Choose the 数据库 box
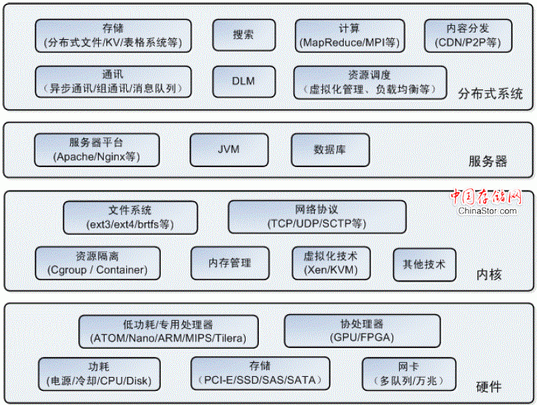tap(330, 149)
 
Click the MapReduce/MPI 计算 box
tap(350, 35)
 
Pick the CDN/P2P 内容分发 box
tap(468, 35)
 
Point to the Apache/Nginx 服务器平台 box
tap(97, 149)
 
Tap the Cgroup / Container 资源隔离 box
tap(97, 263)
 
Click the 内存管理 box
tap(229, 263)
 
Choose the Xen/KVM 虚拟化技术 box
tap(330, 263)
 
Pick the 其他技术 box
tap(424, 263)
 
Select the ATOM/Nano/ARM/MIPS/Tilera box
tap(168, 331)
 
